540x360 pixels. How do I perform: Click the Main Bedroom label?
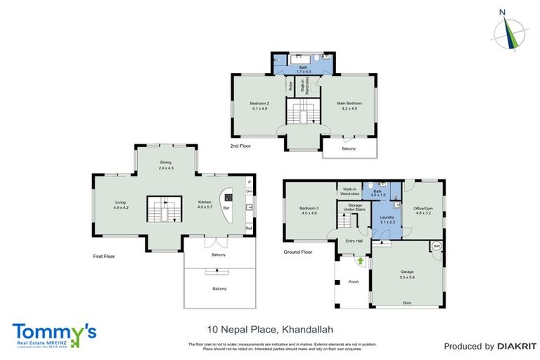[349, 105]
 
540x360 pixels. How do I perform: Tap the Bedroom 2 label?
[259, 105]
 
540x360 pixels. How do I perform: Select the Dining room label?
[165, 165]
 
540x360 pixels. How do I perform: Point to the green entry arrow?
[361, 262]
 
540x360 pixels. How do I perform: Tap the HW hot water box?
[437, 246]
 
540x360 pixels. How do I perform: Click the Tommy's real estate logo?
[53, 333]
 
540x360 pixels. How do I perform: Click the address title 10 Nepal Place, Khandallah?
[261, 329]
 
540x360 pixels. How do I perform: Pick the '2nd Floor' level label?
[240, 146]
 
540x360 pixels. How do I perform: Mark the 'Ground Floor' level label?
[297, 251]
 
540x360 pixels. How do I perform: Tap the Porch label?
[353, 282]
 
